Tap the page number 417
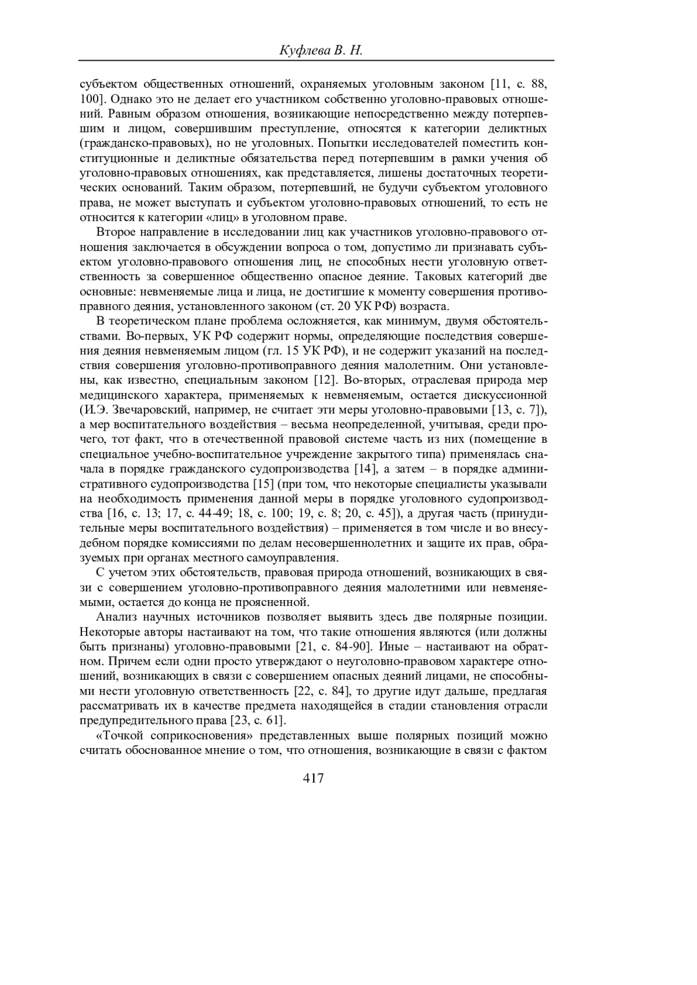click(x=314, y=778)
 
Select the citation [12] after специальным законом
click(x=322, y=381)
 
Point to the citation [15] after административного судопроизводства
click(x=264, y=483)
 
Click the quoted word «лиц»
click(x=225, y=218)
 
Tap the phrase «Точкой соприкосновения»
click(x=168, y=735)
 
